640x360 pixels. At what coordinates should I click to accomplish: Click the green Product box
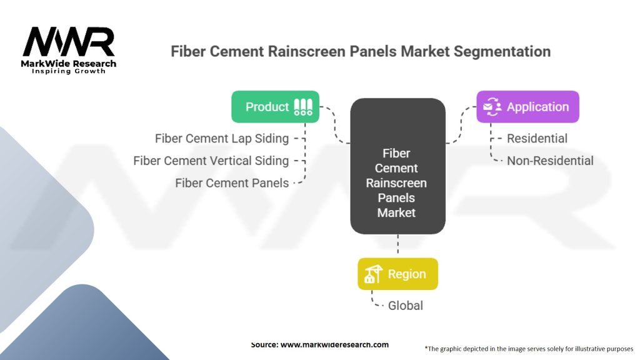275,106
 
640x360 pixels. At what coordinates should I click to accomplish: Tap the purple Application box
527,106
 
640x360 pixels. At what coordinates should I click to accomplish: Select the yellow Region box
397,274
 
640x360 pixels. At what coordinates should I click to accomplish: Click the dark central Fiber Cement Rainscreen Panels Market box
397,166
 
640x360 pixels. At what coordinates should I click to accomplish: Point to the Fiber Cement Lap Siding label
222,138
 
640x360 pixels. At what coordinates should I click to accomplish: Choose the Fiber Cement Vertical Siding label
211,161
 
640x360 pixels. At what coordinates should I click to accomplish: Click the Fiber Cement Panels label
232,183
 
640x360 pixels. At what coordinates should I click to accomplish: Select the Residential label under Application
537,138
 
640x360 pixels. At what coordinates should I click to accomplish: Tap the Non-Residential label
550,161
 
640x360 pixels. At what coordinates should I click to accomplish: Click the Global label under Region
405,305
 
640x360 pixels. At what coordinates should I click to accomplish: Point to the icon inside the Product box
303,107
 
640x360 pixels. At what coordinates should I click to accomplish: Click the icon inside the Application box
492,106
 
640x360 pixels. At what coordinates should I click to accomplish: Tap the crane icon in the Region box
374,274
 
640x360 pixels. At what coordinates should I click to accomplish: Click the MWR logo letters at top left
69,42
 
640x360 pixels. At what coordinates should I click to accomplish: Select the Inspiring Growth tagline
69,71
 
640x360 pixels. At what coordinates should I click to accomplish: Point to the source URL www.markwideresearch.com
335,344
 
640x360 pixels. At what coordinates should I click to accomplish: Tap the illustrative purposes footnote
529,349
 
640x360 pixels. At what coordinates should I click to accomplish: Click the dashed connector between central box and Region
398,246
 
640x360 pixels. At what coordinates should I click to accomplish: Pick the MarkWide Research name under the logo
69,63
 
